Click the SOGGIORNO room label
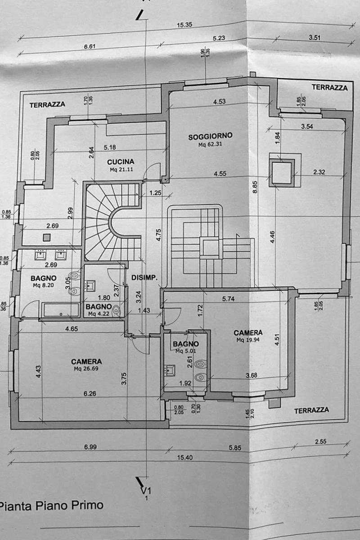pyautogui.click(x=210, y=135)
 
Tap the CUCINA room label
pyautogui.click(x=121, y=162)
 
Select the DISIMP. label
pyautogui.click(x=144, y=278)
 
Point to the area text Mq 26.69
pyautogui.click(x=86, y=369)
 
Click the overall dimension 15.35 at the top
pyautogui.click(x=185, y=25)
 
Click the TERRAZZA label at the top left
pyautogui.click(x=47, y=104)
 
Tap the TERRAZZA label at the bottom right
pyautogui.click(x=311, y=410)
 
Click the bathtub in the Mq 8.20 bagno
pyautogui.click(x=60, y=310)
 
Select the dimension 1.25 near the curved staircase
pyautogui.click(x=155, y=193)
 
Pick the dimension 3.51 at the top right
pyautogui.click(x=314, y=38)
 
